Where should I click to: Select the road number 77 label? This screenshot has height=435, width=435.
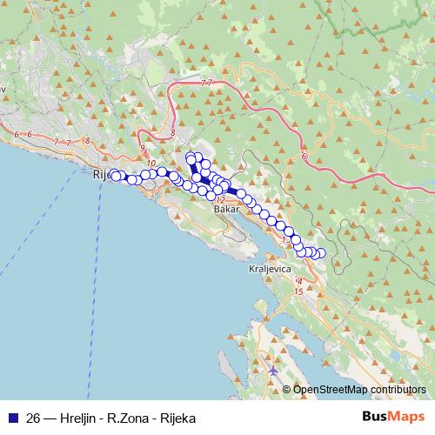pyautogui.click(x=205, y=83)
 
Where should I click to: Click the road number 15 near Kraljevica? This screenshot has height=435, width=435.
pyautogui.click(x=299, y=291)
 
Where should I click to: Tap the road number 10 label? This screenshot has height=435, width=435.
pyautogui.click(x=151, y=164)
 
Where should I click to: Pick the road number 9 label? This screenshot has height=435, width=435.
pyautogui.click(x=142, y=149)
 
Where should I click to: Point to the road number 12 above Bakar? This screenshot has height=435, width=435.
pyautogui.click(x=219, y=200)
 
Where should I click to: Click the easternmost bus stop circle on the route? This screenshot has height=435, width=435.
pyautogui.click(x=321, y=253)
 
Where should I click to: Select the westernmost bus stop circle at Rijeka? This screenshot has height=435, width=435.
pyautogui.click(x=113, y=174)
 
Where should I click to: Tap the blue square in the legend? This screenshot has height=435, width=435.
pyautogui.click(x=12, y=417)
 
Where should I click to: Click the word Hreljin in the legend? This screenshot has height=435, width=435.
pyautogui.click(x=81, y=417)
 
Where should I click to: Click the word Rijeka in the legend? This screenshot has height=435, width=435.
pyautogui.click(x=177, y=417)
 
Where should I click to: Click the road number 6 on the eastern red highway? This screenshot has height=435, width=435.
pyautogui.click(x=304, y=157)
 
